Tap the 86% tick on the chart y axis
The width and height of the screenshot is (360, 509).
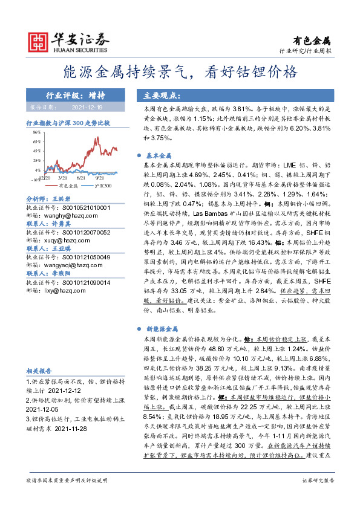36,131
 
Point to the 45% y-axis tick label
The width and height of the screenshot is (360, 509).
36,151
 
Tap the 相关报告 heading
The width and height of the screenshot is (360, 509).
39,371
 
